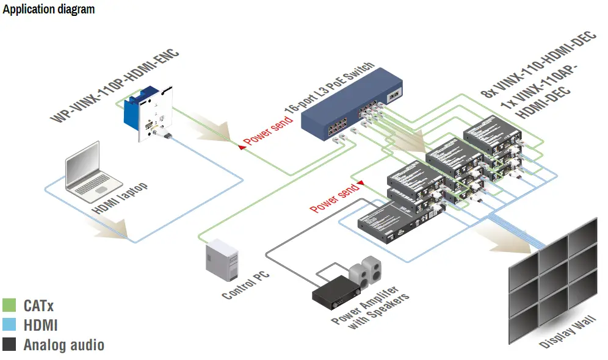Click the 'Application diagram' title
[x=49, y=10]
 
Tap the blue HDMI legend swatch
[x=9, y=325]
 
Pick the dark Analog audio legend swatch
[x=9, y=344]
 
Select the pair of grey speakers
[x=366, y=272]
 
